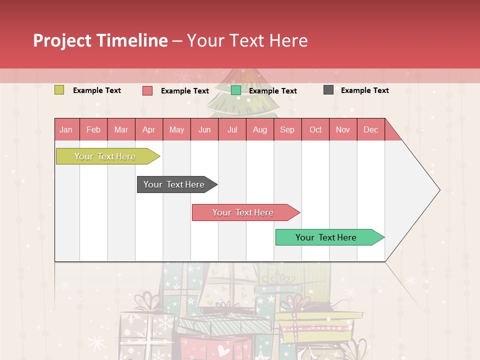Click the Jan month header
(66, 130)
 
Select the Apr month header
(148, 130)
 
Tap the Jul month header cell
(232, 130)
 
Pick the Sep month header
(287, 130)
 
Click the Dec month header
(370, 130)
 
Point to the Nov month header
(342, 130)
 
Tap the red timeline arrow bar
(243, 212)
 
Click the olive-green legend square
(59, 90)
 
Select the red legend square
(147, 90)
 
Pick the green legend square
(236, 90)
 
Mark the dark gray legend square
(328, 90)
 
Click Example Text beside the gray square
(364, 90)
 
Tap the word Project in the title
(62, 40)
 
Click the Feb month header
(93, 130)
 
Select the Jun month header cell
(204, 130)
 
